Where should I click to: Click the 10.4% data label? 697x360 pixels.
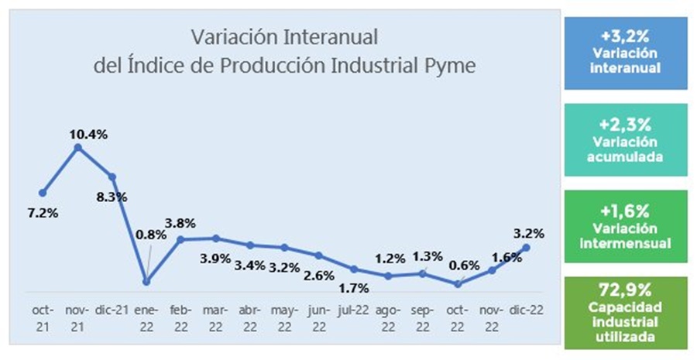point(88,135)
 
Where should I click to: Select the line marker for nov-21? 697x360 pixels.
point(77,146)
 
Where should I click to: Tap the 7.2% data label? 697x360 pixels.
point(42,211)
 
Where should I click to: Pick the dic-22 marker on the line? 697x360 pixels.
point(527,247)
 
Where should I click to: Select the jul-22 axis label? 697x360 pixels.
point(353,310)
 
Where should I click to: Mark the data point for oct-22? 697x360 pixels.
point(458,284)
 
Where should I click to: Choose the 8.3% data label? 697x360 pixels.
point(112,197)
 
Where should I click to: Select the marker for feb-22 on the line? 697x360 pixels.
point(180,239)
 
